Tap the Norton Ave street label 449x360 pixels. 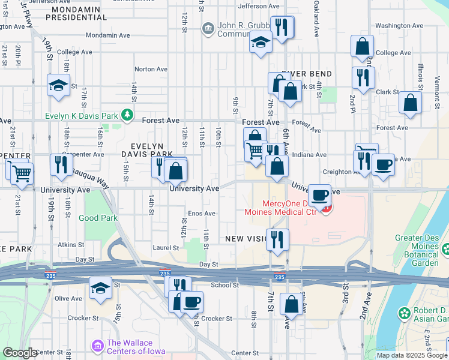(151, 70)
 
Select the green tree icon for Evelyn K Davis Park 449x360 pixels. (127, 113)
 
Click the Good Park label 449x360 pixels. (98, 218)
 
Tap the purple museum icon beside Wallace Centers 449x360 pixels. (97, 346)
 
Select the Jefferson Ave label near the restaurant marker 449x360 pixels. (259, 6)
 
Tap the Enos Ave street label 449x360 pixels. (202, 214)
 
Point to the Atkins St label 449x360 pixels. (71, 245)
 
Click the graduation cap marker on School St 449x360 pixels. (100, 287)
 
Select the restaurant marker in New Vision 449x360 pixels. (277, 239)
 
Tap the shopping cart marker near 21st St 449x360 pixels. (22, 173)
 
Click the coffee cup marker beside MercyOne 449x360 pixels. (320, 194)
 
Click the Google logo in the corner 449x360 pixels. (20, 353)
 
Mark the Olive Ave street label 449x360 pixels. (68, 299)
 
